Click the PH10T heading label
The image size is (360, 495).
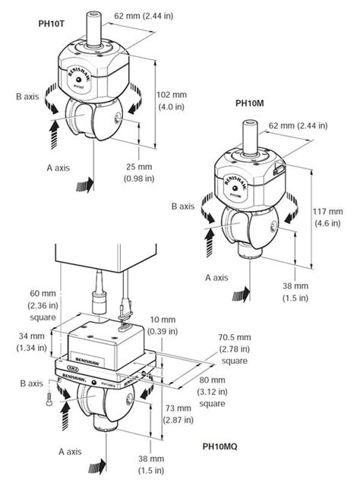(x=51, y=24)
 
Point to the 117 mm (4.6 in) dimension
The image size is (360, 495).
(x=336, y=218)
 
